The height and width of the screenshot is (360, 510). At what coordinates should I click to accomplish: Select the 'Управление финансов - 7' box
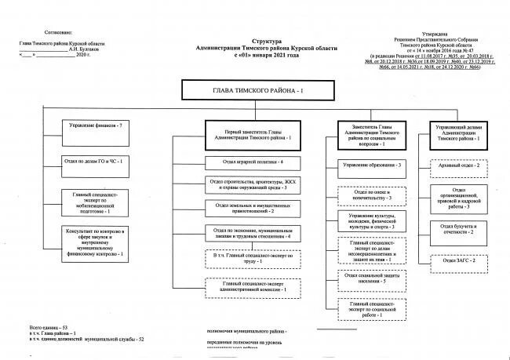tap(97, 125)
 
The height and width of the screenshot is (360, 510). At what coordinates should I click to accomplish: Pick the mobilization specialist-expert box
tap(97, 202)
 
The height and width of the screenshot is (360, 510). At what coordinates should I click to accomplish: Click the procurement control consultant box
tap(97, 243)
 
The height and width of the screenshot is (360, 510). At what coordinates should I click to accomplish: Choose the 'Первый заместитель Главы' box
tap(248, 133)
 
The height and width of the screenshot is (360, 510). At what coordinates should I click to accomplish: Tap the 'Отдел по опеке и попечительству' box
tap(372, 195)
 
